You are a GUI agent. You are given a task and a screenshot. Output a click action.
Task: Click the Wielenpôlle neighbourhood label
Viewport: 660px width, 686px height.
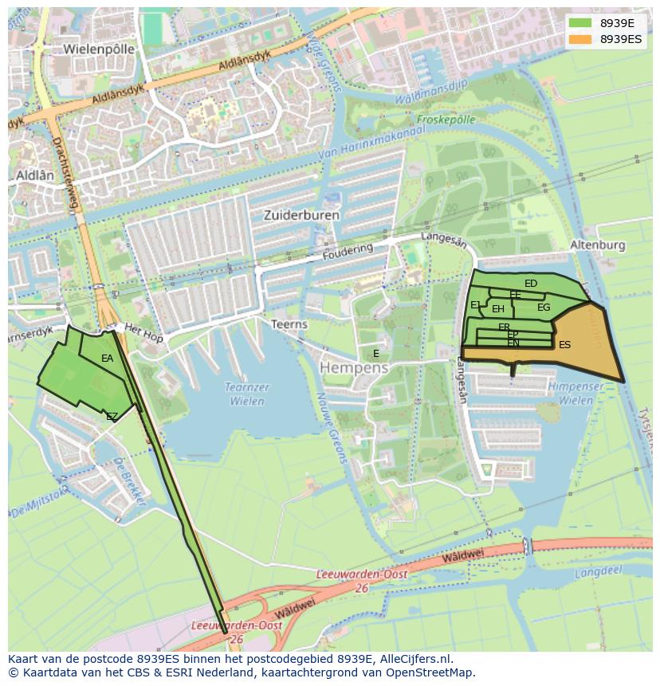99,49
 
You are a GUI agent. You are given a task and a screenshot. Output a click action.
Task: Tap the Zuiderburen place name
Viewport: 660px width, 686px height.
301,215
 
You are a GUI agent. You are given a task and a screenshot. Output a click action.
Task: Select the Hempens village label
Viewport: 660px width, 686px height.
354,368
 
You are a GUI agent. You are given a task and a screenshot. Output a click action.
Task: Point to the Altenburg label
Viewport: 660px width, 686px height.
598,245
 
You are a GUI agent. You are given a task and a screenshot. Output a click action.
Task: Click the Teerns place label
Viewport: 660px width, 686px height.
289,324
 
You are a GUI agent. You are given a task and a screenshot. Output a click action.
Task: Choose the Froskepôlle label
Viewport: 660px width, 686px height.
446,120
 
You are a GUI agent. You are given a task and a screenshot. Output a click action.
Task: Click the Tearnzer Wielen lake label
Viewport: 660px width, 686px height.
247,394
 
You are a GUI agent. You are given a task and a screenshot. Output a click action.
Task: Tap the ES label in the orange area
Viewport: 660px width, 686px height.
564,345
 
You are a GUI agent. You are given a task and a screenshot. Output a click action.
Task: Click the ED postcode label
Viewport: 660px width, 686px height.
531,284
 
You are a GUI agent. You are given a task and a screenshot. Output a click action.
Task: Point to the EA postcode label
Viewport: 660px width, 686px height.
108,359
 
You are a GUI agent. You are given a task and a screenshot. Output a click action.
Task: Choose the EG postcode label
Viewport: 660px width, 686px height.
544,308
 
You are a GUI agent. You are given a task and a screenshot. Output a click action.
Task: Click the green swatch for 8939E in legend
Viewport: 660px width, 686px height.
580,22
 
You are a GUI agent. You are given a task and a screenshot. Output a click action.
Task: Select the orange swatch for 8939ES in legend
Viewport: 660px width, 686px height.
580,38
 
